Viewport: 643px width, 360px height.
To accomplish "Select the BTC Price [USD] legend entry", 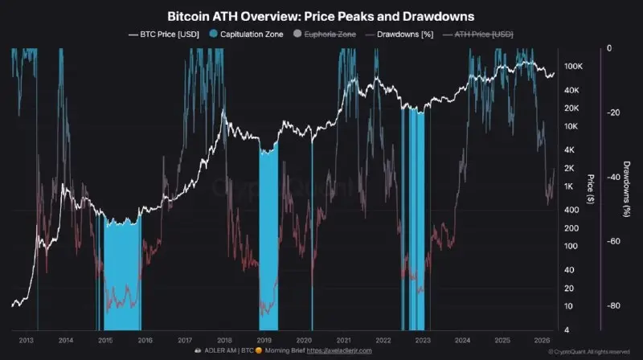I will tap(165, 35).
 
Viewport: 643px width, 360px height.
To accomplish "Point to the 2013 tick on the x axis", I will tap(27, 339).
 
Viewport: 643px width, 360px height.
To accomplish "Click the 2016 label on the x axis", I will tap(145, 339).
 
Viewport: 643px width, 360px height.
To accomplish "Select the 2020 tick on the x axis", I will tap(304, 339).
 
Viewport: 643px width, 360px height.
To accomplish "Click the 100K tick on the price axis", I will tap(573, 66).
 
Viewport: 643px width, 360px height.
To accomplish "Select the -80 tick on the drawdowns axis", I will tap(612, 306).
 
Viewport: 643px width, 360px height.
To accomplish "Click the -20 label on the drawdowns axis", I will tap(612, 112).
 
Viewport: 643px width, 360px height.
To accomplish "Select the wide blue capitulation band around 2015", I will tap(121, 273).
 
